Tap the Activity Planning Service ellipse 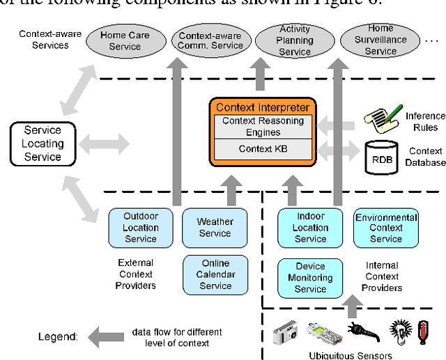click(294, 41)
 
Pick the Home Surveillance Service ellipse click(380, 40)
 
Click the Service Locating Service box click(43, 144)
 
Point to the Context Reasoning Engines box click(262, 127)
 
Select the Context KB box click(262, 148)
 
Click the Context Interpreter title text click(262, 107)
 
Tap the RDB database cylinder click(382, 157)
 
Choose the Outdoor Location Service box click(141, 228)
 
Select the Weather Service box click(215, 228)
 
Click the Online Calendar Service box click(215, 274)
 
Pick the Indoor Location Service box click(311, 228)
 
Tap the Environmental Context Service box click(386, 228)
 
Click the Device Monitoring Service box click(311, 277)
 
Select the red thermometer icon click(422, 332)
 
